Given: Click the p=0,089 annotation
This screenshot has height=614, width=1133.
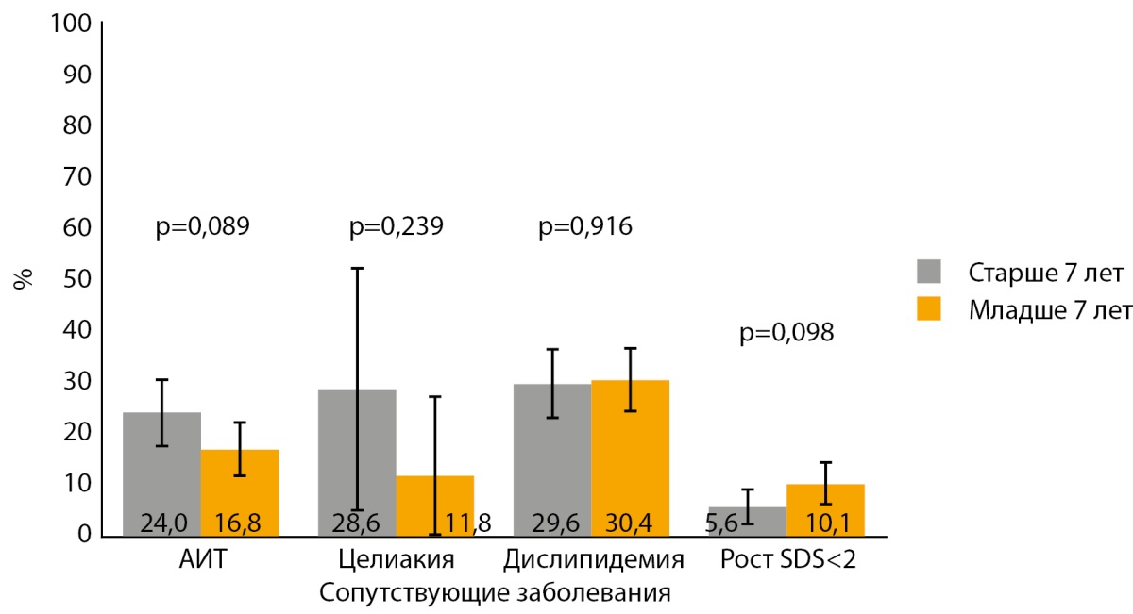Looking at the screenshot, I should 202,226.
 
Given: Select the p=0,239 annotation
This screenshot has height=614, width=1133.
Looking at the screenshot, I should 397,226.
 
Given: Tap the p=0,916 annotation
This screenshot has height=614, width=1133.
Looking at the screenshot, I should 585,226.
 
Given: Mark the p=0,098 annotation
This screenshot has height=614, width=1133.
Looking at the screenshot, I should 787,333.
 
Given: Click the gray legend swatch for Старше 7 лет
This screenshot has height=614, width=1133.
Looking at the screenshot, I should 934,272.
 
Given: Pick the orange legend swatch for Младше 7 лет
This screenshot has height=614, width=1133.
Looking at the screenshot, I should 934,308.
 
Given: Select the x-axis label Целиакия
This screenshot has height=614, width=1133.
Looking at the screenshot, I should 397,560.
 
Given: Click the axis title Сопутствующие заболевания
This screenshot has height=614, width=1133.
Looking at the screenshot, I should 495,594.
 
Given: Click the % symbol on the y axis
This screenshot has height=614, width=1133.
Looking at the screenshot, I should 24,279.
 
